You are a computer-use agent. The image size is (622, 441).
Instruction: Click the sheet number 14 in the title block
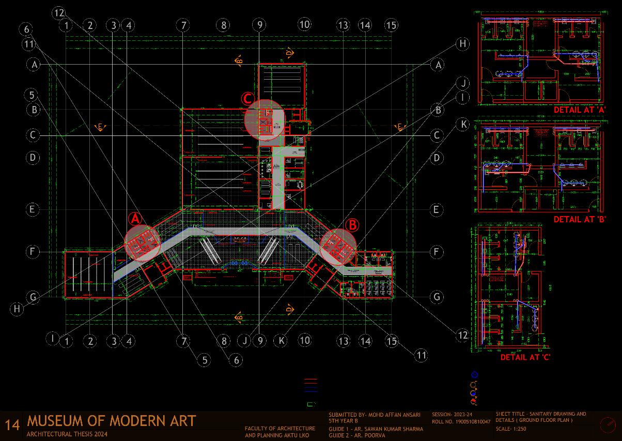[12, 425]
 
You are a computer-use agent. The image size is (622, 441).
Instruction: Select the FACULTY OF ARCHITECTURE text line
[279, 429]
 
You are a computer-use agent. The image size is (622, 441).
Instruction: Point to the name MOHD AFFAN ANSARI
[394, 415]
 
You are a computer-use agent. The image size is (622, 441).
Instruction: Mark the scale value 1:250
[518, 429]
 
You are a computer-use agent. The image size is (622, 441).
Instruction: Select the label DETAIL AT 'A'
[579, 110]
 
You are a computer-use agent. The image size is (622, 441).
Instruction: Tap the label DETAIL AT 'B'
[579, 219]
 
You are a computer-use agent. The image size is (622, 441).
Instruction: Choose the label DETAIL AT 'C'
[525, 357]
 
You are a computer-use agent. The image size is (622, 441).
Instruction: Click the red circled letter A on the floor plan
[135, 219]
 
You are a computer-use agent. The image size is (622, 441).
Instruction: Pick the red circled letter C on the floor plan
[247, 98]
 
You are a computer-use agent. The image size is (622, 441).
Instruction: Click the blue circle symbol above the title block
[475, 375]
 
